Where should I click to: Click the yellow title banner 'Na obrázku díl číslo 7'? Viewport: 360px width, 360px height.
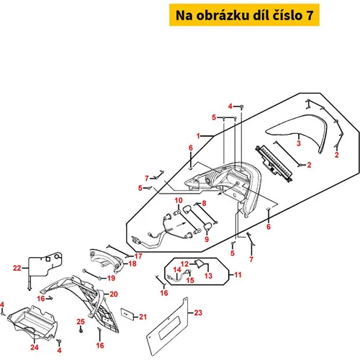pyautogui.click(x=244, y=15)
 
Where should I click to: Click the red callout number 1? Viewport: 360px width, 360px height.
pyautogui.click(x=198, y=136)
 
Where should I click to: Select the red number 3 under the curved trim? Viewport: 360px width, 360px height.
pyautogui.click(x=299, y=143)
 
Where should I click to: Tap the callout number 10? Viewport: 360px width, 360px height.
pyautogui.click(x=179, y=200)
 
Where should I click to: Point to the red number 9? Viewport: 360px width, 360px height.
pyautogui.click(x=207, y=239)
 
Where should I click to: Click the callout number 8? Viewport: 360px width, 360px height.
pyautogui.click(x=204, y=204)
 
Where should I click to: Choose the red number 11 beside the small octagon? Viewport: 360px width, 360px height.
pyautogui.click(x=238, y=274)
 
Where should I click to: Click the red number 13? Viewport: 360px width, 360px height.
pyautogui.click(x=208, y=276)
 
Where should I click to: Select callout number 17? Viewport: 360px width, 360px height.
pyautogui.click(x=138, y=256)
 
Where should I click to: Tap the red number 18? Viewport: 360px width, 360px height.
pyautogui.click(x=132, y=264)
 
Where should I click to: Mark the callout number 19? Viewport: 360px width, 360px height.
pyautogui.click(x=111, y=279)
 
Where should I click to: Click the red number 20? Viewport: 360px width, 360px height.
pyautogui.click(x=114, y=294)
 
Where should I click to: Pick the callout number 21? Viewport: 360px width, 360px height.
pyautogui.click(x=143, y=317)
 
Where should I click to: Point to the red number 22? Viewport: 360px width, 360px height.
pyautogui.click(x=17, y=268)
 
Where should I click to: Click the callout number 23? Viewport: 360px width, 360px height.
pyautogui.click(x=198, y=312)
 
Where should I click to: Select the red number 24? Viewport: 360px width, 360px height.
pyautogui.click(x=35, y=347)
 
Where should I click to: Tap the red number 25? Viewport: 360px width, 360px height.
pyautogui.click(x=81, y=322)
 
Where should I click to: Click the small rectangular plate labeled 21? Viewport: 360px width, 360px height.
pyautogui.click(x=127, y=314)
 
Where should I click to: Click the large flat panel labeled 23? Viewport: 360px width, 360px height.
pyautogui.click(x=167, y=326)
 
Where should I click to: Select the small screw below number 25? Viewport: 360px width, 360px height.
pyautogui.click(x=81, y=330)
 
